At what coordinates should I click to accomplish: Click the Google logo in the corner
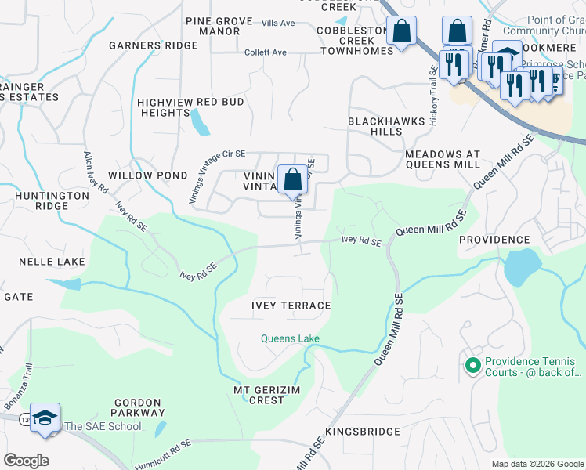click(x=26, y=460)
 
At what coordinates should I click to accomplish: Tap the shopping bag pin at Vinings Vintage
click(x=292, y=180)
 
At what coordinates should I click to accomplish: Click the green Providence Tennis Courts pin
click(x=472, y=365)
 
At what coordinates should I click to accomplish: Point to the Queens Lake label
click(x=290, y=338)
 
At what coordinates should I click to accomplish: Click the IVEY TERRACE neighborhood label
click(x=291, y=305)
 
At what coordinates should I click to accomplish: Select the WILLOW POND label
click(x=137, y=175)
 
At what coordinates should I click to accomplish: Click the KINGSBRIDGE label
click(x=363, y=432)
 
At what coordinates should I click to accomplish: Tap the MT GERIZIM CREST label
click(x=266, y=395)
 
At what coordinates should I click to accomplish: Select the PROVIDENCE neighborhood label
click(x=494, y=239)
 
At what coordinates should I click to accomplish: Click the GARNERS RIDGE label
click(x=153, y=45)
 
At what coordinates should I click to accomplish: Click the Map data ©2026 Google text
click(x=537, y=464)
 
